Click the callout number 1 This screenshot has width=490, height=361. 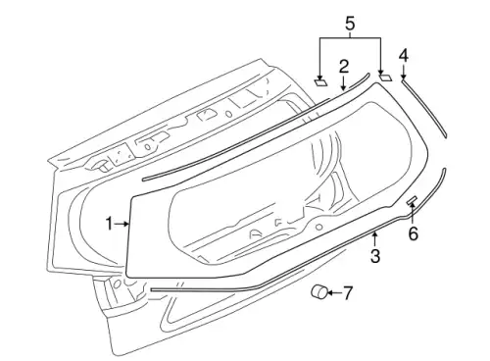coord(109,225)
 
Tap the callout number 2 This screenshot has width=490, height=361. coord(343,67)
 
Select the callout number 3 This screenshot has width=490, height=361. coord(375,255)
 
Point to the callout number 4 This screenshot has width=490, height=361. coord(404,56)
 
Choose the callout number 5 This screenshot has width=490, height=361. coord(350,24)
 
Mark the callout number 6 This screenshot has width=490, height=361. coord(414,233)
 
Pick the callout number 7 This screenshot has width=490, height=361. coord(348,293)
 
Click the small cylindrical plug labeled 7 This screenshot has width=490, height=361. coord(319,291)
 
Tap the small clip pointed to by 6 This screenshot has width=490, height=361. coord(412,200)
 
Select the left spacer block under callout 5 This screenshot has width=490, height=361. coord(320,81)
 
